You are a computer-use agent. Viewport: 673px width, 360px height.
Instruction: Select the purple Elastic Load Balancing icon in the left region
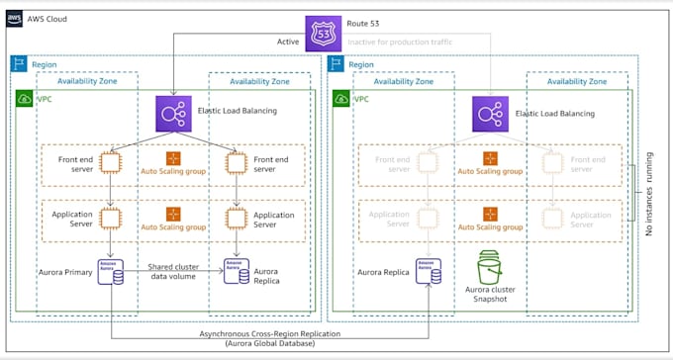(x=173, y=113)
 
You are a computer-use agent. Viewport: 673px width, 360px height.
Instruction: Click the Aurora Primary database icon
(x=111, y=271)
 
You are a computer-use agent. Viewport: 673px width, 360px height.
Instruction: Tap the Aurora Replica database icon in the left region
(x=236, y=271)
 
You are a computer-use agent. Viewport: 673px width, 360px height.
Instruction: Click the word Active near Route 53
(x=287, y=43)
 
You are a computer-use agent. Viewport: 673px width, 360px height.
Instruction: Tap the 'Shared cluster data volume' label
(x=174, y=272)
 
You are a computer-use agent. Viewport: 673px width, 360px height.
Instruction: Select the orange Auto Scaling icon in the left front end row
(x=173, y=158)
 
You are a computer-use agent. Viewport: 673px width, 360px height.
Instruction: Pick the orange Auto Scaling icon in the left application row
(x=173, y=214)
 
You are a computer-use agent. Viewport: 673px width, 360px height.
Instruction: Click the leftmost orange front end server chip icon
(x=111, y=162)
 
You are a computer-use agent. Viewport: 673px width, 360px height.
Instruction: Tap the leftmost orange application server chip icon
(x=111, y=218)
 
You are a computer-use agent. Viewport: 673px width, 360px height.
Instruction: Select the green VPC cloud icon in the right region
(x=340, y=100)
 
